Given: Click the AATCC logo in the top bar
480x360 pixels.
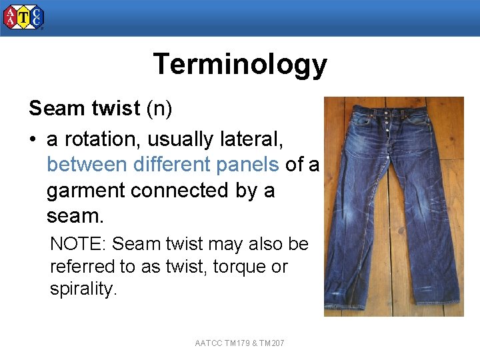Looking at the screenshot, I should pos(24,17).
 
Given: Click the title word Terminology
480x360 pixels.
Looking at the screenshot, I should pos(240,65).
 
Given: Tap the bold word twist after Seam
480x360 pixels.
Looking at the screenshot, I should pos(117,109).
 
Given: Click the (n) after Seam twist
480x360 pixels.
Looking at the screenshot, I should pos(159,109).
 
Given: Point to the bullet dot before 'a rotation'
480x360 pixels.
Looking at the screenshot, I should pos(33,140).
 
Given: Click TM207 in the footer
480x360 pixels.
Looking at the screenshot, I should pos(271,343).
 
